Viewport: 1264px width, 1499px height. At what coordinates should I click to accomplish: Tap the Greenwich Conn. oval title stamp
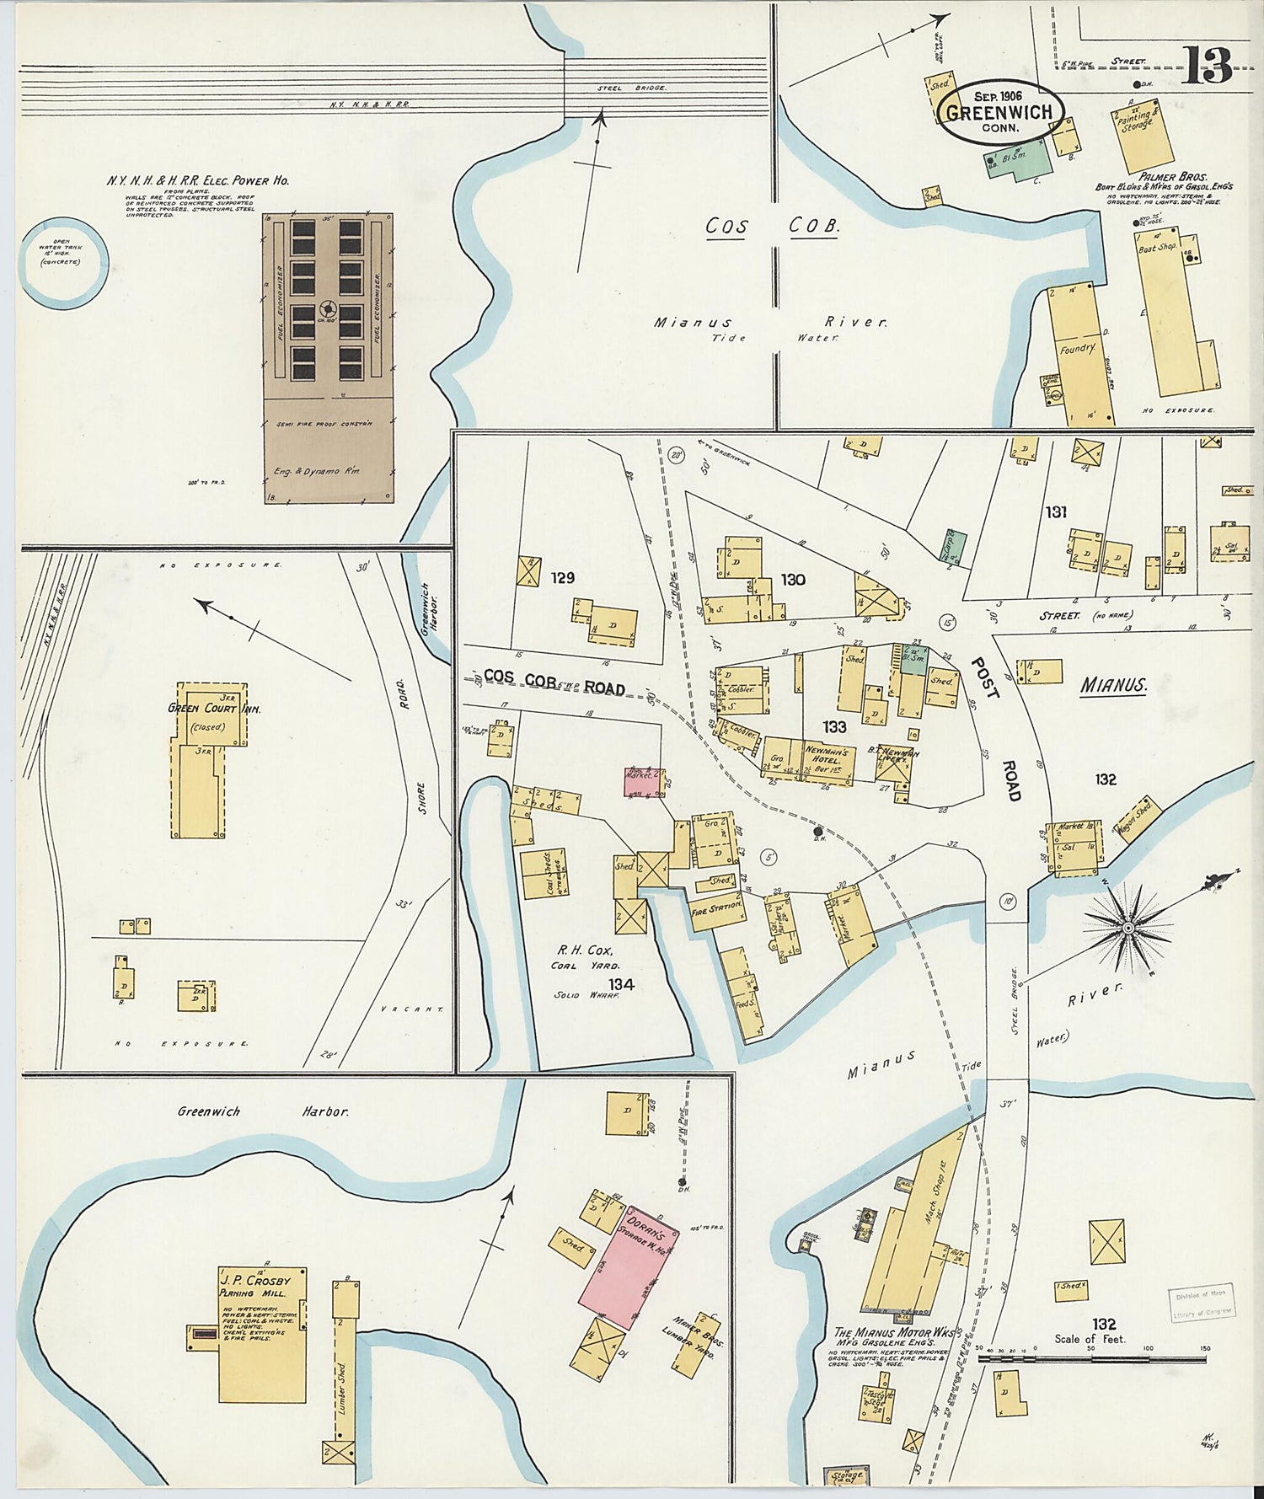click(x=1000, y=114)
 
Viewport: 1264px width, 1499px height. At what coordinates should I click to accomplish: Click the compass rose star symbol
click(x=1127, y=928)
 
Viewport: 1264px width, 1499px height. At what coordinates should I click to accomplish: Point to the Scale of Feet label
click(x=1090, y=1339)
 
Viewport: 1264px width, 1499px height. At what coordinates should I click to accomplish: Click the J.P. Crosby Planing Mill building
click(x=262, y=1335)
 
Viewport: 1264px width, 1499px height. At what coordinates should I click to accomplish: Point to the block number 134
click(x=623, y=983)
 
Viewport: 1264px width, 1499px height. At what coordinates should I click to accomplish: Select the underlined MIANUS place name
click(x=1113, y=686)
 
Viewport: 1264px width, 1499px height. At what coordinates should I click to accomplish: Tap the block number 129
click(x=562, y=578)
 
